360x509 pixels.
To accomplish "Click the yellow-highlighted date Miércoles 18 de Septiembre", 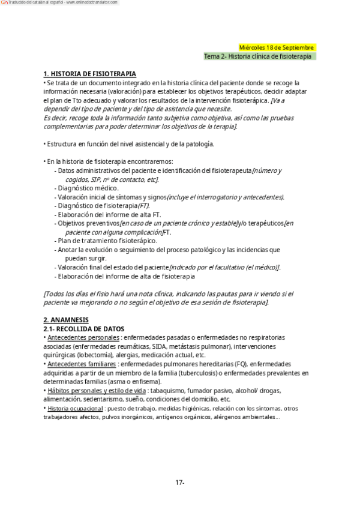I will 276,47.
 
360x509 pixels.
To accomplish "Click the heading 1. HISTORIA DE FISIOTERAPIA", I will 90,74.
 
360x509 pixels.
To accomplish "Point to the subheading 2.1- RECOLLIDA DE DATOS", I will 84,329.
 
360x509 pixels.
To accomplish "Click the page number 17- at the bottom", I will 180,483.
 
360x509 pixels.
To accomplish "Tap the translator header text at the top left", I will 60,3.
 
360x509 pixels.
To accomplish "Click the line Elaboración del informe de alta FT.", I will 109,214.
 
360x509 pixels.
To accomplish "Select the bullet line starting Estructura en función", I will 129,144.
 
